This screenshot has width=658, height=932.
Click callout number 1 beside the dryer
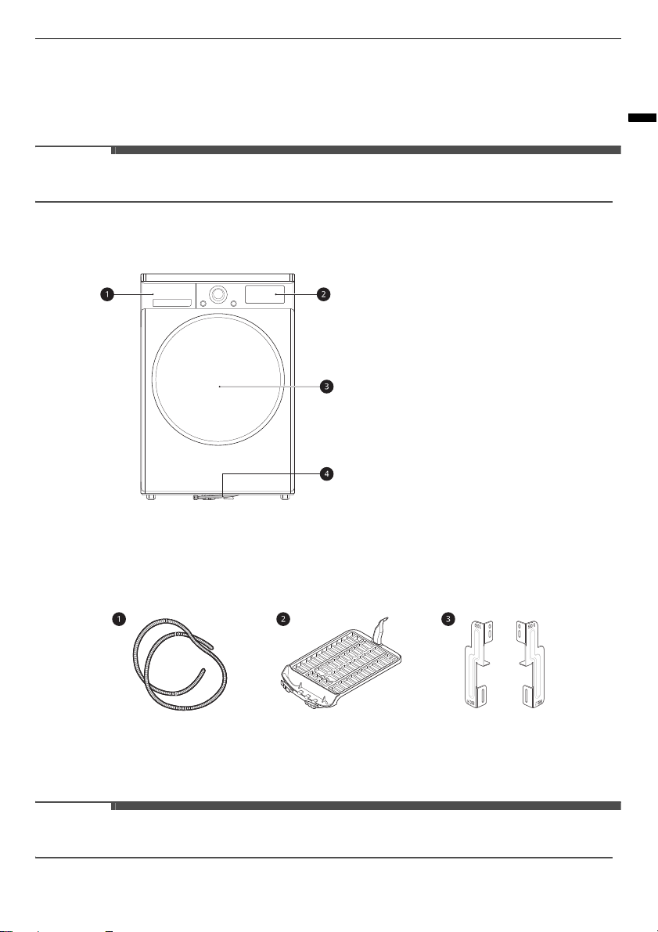(107, 294)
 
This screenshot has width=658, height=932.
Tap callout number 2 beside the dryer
(323, 294)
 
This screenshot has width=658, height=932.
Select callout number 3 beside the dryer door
(326, 387)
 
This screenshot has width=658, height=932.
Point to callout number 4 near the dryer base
(326, 474)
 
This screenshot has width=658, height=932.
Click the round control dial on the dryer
(218, 294)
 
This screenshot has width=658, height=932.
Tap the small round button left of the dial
(203, 303)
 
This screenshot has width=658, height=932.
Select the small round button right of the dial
(233, 303)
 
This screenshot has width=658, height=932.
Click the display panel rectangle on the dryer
(265, 294)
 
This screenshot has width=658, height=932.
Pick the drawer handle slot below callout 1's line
(172, 303)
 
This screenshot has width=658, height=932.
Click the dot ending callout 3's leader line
(219, 387)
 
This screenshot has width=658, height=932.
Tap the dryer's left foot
(151, 496)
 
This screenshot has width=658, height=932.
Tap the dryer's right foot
(286, 496)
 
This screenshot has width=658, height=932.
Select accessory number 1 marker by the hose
(119, 619)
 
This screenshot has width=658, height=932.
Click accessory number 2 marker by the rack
(283, 619)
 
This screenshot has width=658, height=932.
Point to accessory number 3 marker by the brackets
(448, 619)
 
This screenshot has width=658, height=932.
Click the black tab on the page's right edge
(642, 117)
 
